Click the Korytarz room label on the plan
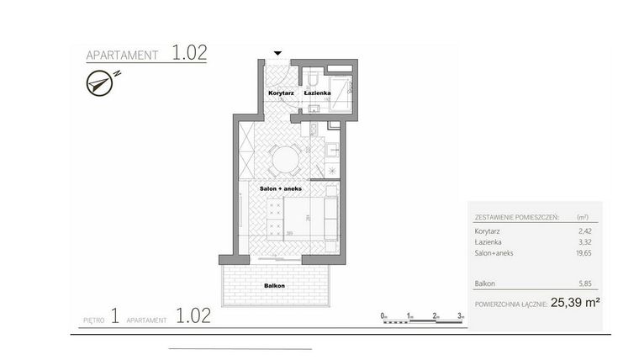[x=280, y=92]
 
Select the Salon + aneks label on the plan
[x=280, y=189]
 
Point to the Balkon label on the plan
[x=274, y=286]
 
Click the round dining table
[x=286, y=157]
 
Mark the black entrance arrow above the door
[x=278, y=53]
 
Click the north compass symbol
[x=98, y=82]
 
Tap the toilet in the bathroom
[x=312, y=80]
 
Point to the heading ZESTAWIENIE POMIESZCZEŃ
[x=514, y=215]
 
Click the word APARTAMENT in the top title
[x=123, y=56]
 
